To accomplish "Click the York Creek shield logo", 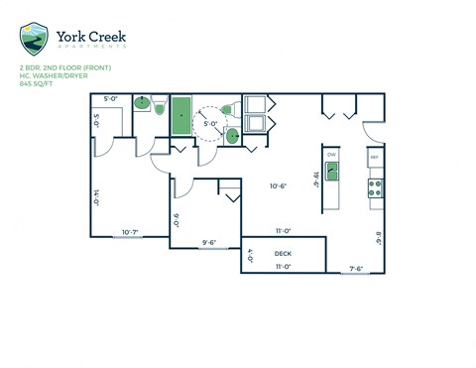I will (x=34, y=39).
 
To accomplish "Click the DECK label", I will (x=283, y=254).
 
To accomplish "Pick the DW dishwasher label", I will (x=332, y=156).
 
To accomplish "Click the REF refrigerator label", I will (x=375, y=158).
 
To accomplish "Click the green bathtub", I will (x=181, y=116).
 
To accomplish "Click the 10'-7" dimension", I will (x=131, y=232).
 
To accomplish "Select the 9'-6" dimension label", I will (x=209, y=242).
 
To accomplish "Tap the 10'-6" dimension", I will (x=279, y=186).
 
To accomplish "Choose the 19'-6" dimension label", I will (x=316, y=179).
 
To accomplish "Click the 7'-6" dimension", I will (x=357, y=266).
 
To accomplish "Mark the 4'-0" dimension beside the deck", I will (x=251, y=255).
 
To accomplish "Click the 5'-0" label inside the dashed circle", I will (x=210, y=124).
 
